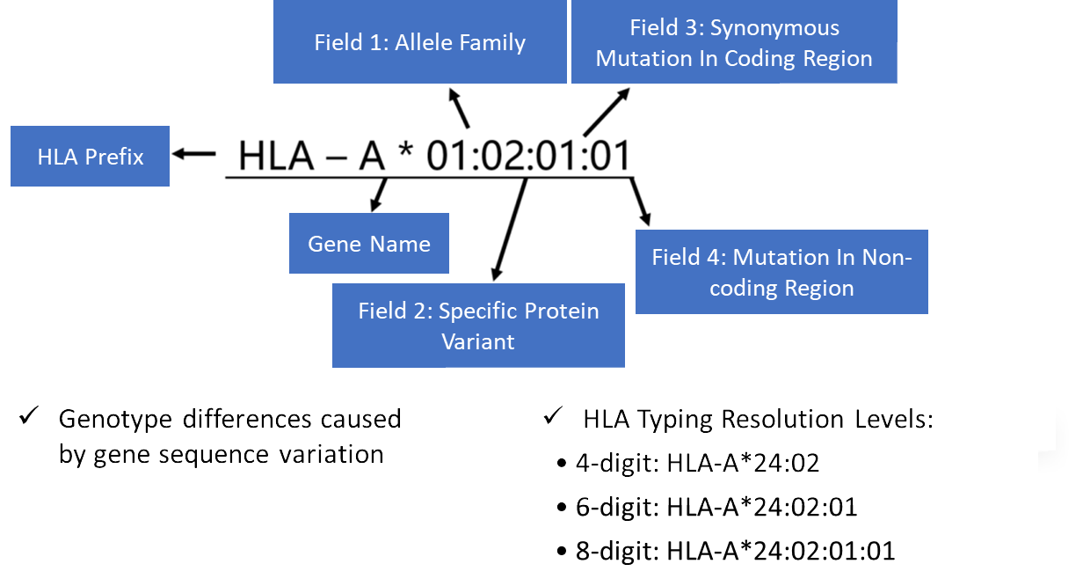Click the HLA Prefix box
(90, 157)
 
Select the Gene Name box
(368, 244)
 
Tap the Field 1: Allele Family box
(419, 42)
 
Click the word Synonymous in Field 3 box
(774, 28)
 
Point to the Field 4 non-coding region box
(781, 272)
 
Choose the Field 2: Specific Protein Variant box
(478, 326)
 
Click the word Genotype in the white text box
(115, 419)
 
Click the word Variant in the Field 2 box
(478, 341)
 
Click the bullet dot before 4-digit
(562, 464)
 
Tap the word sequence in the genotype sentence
(225, 454)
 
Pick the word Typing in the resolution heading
(679, 419)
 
